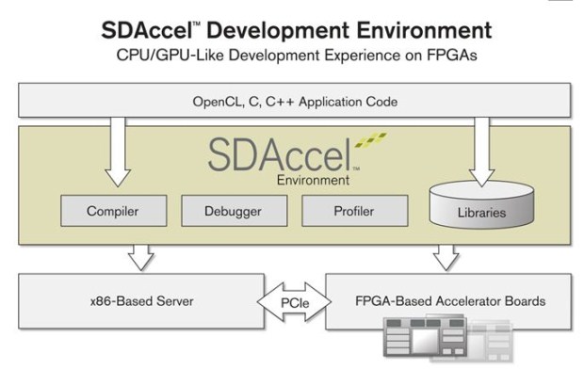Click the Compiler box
click(114, 211)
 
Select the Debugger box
click(235, 211)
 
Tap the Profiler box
click(354, 211)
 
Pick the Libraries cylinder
click(481, 205)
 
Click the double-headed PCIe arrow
click(294, 302)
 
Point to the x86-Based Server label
click(142, 301)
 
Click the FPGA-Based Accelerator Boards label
click(450, 301)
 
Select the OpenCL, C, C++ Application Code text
click(295, 102)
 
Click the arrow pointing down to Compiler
click(118, 152)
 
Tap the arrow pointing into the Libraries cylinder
click(482, 152)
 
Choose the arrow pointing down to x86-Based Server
click(140, 258)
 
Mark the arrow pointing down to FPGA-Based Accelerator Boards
click(446, 258)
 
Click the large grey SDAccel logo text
click(280, 154)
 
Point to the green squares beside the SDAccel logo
click(370, 139)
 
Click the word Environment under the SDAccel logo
click(313, 180)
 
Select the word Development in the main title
click(278, 30)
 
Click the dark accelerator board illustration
click(425, 337)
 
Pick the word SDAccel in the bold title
click(147, 30)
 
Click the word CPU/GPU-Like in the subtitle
click(170, 56)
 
